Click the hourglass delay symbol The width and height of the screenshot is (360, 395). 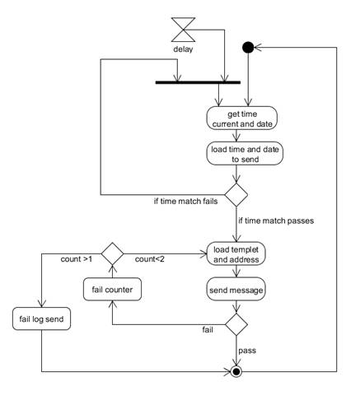(x=183, y=30)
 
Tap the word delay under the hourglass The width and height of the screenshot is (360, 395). (x=183, y=49)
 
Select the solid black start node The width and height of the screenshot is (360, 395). (x=248, y=48)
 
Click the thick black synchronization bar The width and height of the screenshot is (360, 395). (x=198, y=82)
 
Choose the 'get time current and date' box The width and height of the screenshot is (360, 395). (x=242, y=118)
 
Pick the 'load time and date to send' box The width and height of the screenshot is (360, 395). (x=245, y=154)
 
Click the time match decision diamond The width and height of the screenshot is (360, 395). (x=236, y=195)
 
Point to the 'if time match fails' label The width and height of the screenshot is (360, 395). (x=185, y=202)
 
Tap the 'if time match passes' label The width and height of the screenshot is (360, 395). (x=276, y=221)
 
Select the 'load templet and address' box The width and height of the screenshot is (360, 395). (x=236, y=253)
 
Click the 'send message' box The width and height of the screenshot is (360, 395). (x=236, y=290)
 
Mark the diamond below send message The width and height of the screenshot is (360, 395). (x=236, y=324)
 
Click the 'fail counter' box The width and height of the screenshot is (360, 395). (x=112, y=290)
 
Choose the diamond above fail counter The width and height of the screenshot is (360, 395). (x=112, y=253)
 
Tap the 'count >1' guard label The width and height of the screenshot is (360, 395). (x=77, y=259)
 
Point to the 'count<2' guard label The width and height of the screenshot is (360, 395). (x=150, y=259)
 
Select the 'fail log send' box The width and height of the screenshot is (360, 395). (x=41, y=318)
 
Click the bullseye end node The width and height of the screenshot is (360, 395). (x=236, y=372)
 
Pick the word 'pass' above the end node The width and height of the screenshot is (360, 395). (x=247, y=351)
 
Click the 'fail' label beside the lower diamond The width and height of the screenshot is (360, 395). (x=208, y=329)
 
